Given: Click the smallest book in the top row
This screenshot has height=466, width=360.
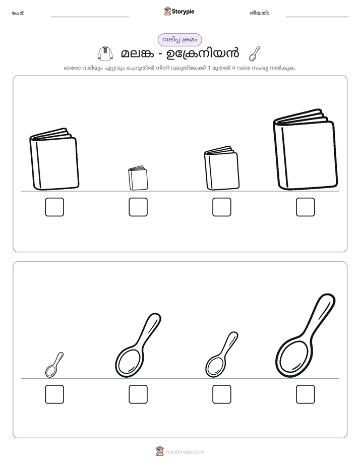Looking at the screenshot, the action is tap(138, 178).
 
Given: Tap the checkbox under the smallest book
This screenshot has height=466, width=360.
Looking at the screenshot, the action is tap(138, 207).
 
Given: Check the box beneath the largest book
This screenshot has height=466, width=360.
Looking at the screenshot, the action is tap(306, 207).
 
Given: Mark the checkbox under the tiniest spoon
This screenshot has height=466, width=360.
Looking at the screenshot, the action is tap(54, 394).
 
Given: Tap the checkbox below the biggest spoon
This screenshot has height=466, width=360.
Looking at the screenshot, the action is tap(306, 394).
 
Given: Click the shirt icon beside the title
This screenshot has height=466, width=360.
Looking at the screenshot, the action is tap(105, 54).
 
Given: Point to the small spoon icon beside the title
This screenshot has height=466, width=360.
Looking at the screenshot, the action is tap(254, 54).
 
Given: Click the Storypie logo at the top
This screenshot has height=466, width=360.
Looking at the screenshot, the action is tap(179, 11).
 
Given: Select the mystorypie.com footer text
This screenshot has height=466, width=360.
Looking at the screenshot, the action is tap(185, 452).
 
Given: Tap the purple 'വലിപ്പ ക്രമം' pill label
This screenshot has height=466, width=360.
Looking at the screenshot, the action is tap(179, 40).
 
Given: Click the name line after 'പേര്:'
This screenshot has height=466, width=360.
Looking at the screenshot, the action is tap(90, 17).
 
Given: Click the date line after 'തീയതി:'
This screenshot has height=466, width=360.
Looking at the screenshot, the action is tap(317, 17).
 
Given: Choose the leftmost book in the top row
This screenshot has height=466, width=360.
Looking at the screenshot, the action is tap(54, 159).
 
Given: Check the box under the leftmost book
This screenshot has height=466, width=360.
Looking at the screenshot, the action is tap(54, 207).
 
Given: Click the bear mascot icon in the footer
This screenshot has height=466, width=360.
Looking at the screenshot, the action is tap(160, 451).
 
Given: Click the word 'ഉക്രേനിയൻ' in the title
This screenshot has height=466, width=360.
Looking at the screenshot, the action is tap(203, 53).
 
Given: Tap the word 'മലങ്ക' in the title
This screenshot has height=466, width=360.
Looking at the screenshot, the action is tap(138, 54).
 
